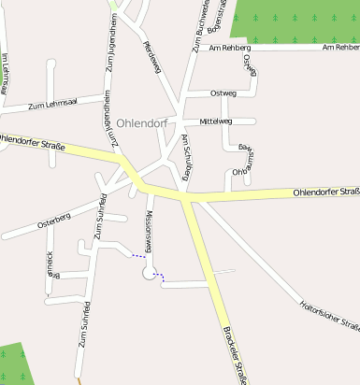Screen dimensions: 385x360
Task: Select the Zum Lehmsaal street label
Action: [50, 106]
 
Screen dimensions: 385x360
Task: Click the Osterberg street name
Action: [53, 221]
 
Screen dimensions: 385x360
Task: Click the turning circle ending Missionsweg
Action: [148, 272]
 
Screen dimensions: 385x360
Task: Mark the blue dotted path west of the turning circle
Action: [137, 254]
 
